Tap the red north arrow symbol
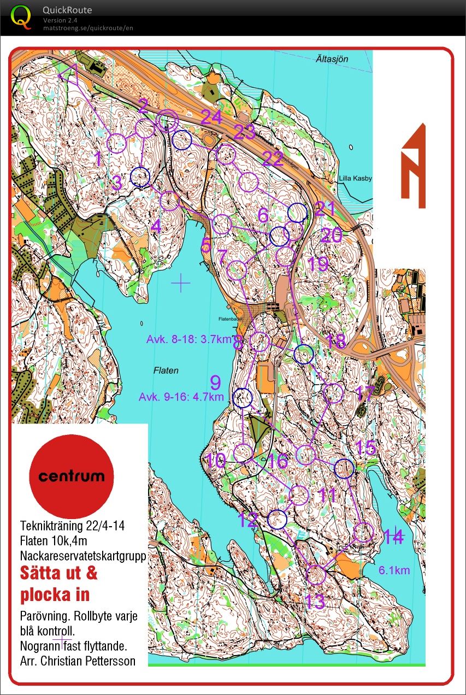(x=413, y=167)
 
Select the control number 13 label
(x=315, y=602)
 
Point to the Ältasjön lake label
(x=332, y=59)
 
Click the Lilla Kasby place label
(x=355, y=179)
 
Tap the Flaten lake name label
(x=167, y=370)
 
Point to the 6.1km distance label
(x=394, y=570)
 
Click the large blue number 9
(x=216, y=381)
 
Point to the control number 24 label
(x=211, y=117)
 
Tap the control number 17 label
(x=364, y=392)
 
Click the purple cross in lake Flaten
(x=180, y=282)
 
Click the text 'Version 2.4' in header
(x=60, y=21)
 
